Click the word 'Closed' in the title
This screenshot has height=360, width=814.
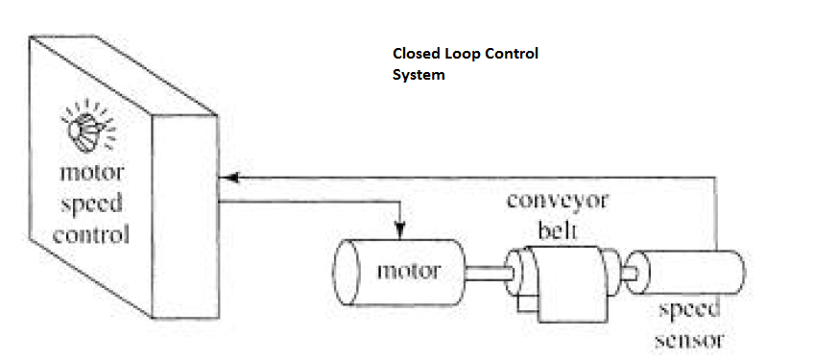pos(415,55)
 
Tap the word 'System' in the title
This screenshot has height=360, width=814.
pos(419,75)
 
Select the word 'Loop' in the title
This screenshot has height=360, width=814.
pos(463,55)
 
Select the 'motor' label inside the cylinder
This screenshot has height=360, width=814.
pos(408,270)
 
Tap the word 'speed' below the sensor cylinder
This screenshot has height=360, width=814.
pos(689,312)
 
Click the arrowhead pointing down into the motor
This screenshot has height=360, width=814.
pos(399,230)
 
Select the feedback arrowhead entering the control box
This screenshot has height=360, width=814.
pos(227,177)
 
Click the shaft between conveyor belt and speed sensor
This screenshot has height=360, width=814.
pos(629,273)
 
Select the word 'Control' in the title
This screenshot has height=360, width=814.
pos(514,55)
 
